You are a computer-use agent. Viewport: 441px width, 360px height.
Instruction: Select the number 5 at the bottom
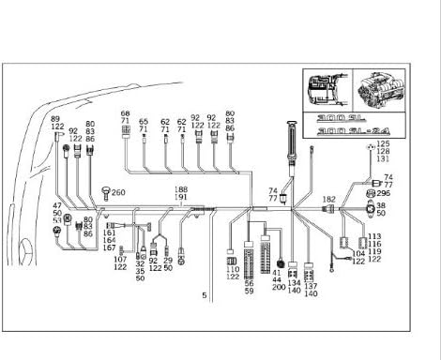pos(204,295)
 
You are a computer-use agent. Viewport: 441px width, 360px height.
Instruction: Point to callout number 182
pos(329,200)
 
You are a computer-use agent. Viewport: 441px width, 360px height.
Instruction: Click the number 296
pos(383,193)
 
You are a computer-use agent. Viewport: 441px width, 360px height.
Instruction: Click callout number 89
pos(54,120)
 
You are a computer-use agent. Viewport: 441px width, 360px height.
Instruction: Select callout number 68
pos(125,113)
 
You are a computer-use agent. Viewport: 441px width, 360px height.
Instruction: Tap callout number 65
pos(144,121)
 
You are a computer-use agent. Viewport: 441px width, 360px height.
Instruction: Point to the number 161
pos(110,232)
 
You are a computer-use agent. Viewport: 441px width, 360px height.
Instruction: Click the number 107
pos(120,260)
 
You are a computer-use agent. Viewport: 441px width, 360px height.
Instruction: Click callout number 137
pos(311,286)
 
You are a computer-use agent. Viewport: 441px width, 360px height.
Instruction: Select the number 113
pos(374,236)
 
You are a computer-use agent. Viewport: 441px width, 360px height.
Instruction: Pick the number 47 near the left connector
pos(57,204)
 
